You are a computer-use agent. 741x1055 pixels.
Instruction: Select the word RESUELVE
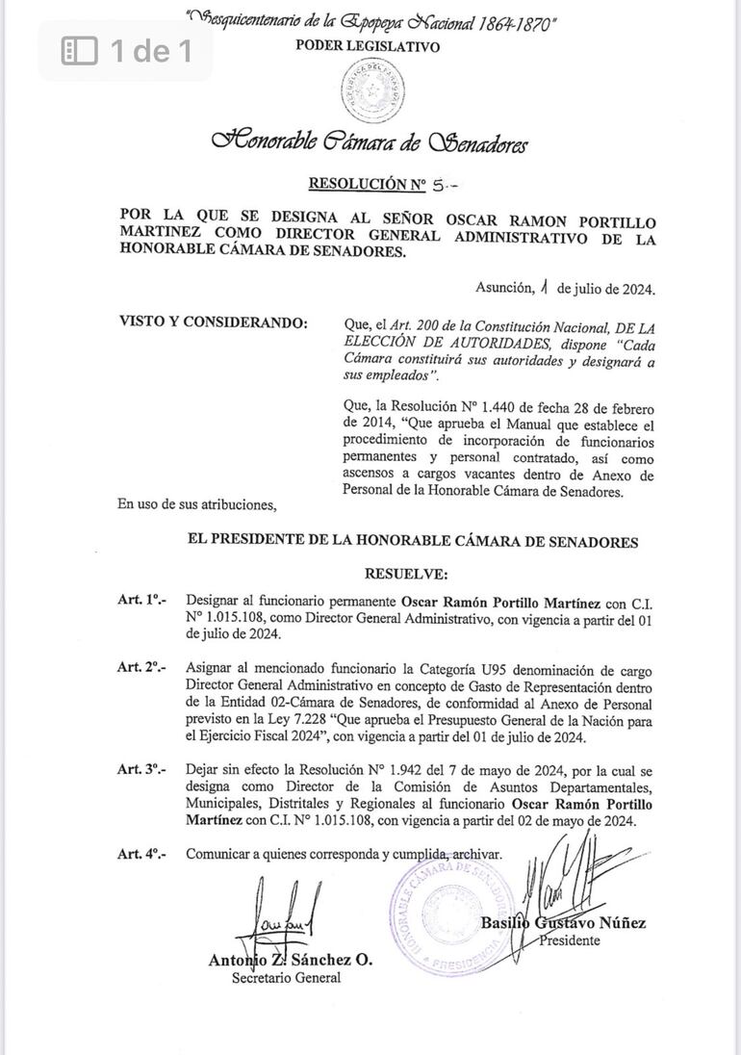coord(406,574)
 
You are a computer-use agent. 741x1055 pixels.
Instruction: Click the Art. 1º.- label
coord(141,599)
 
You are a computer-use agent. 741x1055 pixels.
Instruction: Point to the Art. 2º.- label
coord(141,667)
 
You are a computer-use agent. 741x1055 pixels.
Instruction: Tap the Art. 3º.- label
coord(141,769)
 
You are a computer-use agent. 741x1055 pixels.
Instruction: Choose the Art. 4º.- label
coord(141,854)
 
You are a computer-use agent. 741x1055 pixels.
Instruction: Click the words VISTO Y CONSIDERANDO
coord(213,322)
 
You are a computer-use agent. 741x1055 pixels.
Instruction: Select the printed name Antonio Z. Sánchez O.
coord(290,960)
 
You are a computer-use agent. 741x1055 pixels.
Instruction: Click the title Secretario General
coord(286,978)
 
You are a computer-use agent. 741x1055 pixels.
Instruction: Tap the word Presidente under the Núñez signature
coord(569,940)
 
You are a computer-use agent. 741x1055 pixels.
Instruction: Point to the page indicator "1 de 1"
coord(128,50)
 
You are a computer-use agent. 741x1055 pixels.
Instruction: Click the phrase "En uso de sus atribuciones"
coord(196,503)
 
